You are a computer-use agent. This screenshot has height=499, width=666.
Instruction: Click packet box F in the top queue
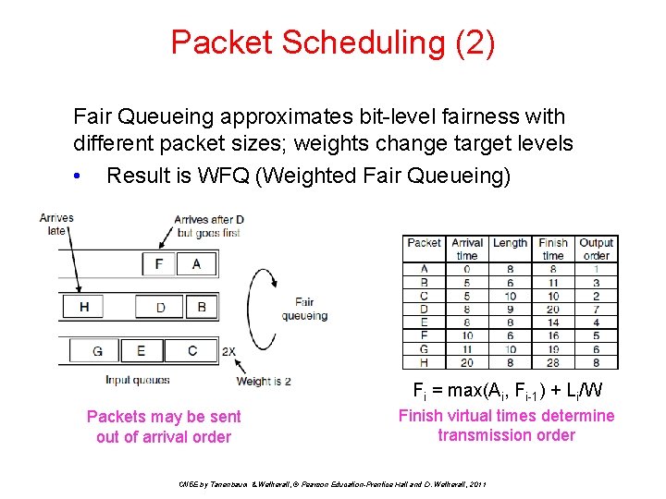pyautogui.click(x=159, y=264)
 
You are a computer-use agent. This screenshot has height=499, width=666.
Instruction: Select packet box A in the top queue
pyautogui.click(x=196, y=264)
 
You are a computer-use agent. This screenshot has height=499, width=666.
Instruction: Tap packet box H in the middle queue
pyautogui.click(x=85, y=306)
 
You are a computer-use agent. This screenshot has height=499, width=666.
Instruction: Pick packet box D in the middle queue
pyautogui.click(x=161, y=306)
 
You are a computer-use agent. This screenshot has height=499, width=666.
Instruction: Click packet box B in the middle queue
pyautogui.click(x=202, y=306)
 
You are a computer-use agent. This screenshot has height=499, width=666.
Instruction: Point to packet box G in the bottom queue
pyautogui.click(x=97, y=350)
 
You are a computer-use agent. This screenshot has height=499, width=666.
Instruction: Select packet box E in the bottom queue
pyautogui.click(x=141, y=350)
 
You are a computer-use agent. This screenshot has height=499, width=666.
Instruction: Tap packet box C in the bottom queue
pyautogui.click(x=192, y=350)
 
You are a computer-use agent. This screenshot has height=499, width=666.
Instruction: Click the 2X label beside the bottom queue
pyautogui.click(x=228, y=351)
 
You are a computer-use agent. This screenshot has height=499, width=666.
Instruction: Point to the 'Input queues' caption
pyautogui.click(x=137, y=380)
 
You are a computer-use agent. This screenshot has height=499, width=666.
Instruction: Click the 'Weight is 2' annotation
pyautogui.click(x=264, y=381)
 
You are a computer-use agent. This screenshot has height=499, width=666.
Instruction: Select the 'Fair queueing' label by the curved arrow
pyautogui.click(x=304, y=309)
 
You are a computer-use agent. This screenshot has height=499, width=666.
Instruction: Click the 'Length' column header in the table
pyautogui.click(x=510, y=243)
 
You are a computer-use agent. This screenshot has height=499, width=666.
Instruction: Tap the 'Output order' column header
pyautogui.click(x=597, y=249)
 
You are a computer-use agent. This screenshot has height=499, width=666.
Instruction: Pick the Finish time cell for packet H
pyautogui.click(x=553, y=362)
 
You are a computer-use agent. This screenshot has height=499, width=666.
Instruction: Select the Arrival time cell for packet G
pyautogui.click(x=467, y=350)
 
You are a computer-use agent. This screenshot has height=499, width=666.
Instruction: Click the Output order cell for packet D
pyautogui.click(x=597, y=310)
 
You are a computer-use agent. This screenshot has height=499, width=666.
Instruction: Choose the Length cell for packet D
pyautogui.click(x=510, y=310)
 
